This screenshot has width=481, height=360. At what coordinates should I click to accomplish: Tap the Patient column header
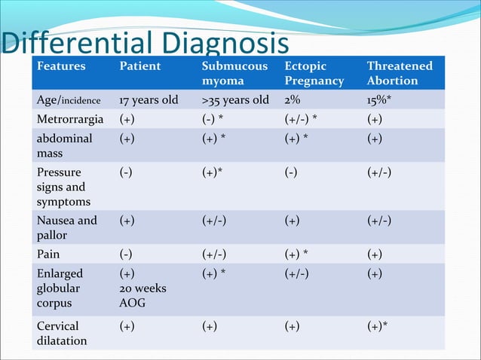point(140,66)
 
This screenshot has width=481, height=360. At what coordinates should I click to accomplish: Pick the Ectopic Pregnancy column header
point(314,73)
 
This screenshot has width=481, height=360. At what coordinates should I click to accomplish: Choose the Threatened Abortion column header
point(400,73)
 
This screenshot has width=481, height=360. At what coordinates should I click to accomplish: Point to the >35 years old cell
point(234,100)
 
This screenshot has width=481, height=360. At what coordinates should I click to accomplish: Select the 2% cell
point(293,100)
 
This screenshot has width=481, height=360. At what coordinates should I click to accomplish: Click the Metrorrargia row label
point(72,119)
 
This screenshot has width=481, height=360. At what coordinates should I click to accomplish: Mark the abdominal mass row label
point(65,145)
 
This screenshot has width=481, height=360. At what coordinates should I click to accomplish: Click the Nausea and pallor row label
point(67,228)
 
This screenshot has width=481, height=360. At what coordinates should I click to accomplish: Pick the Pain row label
point(48,255)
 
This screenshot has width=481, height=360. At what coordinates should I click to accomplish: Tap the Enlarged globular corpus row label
point(60,288)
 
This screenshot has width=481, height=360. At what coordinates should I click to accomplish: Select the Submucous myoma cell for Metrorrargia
point(219,119)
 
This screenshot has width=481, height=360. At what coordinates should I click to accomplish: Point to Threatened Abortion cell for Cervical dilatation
point(381,327)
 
